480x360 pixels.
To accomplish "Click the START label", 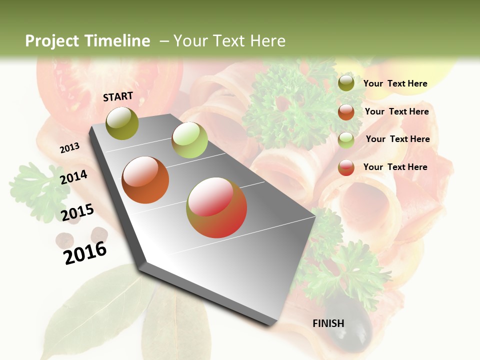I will (118, 96).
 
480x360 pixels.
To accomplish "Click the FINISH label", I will (328, 323).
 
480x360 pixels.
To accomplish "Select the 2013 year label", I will (69, 147).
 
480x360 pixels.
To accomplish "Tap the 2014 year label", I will (73, 177).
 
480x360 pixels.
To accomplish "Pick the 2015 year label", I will (77, 212).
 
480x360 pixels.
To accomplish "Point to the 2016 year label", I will (85, 252).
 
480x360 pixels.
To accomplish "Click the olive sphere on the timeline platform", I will (122, 123).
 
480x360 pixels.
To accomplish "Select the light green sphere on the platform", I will (189, 140).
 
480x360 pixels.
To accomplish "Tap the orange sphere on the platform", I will (145, 180).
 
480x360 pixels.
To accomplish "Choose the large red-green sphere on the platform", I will (216, 207).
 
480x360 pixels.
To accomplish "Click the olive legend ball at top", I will (346, 83).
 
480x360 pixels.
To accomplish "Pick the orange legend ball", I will (346, 111).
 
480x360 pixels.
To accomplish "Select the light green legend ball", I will (346, 139).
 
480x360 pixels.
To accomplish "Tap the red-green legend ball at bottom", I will (346, 167).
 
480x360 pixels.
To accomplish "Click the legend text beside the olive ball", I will (395, 83).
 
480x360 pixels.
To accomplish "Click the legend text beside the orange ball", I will (396, 111).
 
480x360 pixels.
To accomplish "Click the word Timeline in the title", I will (118, 41).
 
